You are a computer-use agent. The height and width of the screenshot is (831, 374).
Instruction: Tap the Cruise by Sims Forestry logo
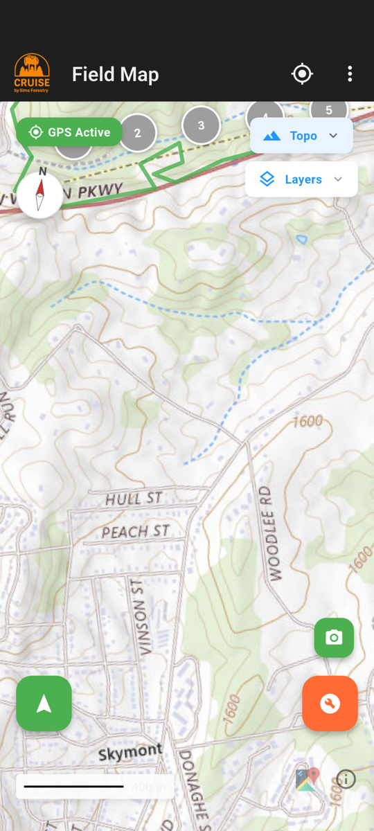coord(32,74)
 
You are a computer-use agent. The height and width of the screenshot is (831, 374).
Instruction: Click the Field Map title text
coord(115,75)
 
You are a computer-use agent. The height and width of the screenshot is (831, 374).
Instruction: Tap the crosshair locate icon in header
coord(302,74)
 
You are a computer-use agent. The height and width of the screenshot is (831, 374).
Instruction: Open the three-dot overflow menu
coord(350,74)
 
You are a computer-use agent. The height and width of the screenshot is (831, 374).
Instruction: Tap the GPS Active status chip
coord(69,132)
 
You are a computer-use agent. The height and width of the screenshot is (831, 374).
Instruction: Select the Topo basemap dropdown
coord(301,136)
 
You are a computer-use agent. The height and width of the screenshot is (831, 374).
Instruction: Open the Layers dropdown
coord(301,179)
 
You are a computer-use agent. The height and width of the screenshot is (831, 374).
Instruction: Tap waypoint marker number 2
coord(137,133)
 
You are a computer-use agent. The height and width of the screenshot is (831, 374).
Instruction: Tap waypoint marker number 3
coord(201,125)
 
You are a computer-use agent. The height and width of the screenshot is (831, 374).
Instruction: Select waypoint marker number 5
coord(329,109)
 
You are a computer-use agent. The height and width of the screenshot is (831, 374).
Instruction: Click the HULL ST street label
coord(134,499)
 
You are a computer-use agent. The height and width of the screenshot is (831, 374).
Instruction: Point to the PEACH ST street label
coord(135,532)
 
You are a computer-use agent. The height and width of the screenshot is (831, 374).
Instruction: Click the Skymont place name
coord(130,753)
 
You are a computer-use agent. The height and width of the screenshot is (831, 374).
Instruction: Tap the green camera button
coord(334,638)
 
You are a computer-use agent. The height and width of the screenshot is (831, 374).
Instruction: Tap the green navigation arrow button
coord(44,704)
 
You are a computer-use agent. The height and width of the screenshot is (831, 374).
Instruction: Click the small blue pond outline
coord(301,239)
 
